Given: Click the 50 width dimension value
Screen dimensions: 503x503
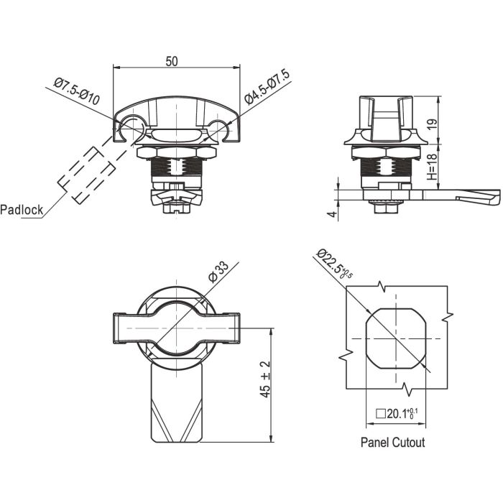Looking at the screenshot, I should [x=172, y=61].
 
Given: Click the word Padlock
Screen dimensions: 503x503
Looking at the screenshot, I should [x=22, y=211].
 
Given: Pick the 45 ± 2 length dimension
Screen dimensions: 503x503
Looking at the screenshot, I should [x=264, y=381].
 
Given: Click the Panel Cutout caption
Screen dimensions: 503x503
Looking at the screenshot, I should [x=392, y=442].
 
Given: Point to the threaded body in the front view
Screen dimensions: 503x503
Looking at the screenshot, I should [x=175, y=171].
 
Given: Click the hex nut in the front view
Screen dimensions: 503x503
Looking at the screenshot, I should [x=175, y=153].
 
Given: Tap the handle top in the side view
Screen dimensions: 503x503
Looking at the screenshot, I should [x=387, y=108].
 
